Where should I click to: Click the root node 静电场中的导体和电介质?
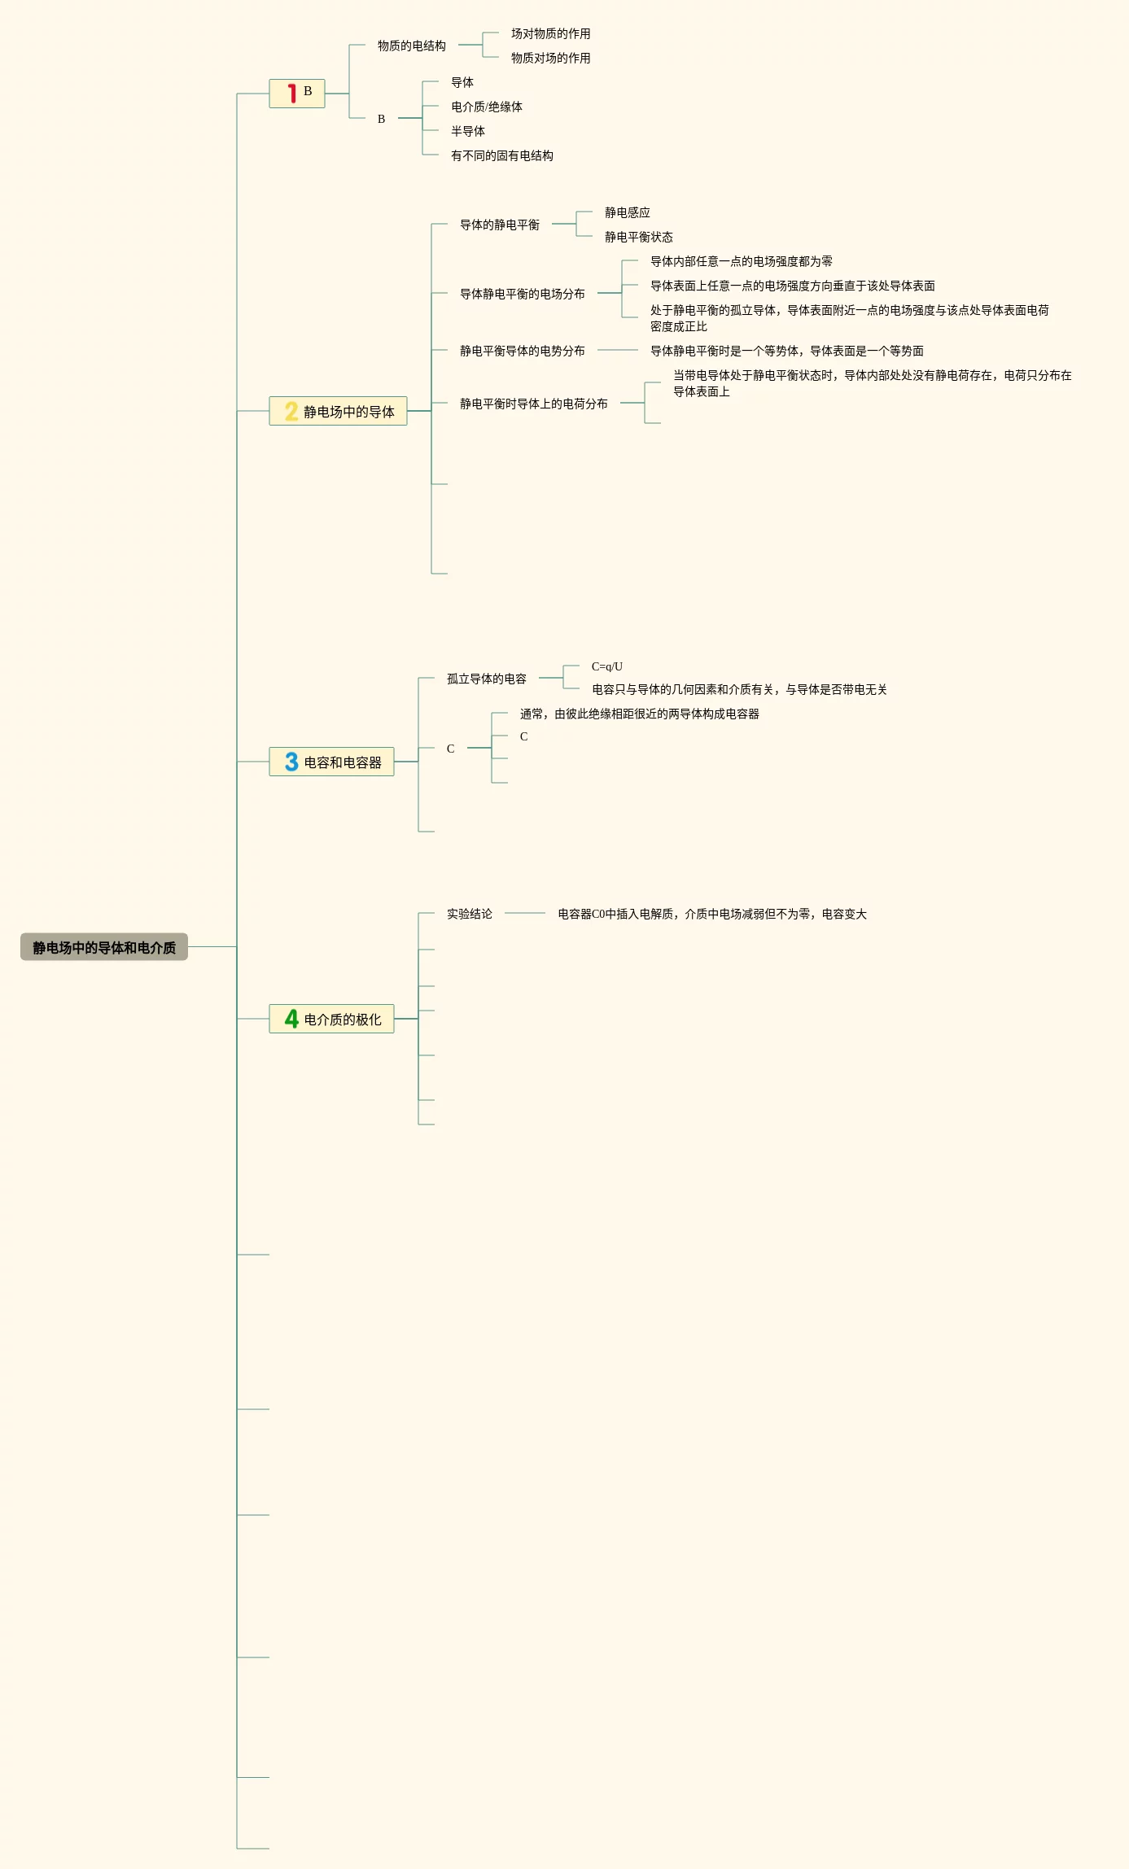pyautogui.click(x=104, y=947)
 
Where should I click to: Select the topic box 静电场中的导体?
pyautogui.click(x=339, y=412)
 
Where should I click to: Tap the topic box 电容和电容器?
pyautogui.click(x=332, y=762)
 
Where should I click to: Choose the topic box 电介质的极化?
pyautogui.click(x=332, y=1019)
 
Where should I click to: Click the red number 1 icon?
pyautogui.click(x=291, y=94)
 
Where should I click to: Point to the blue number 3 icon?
pyautogui.click(x=291, y=762)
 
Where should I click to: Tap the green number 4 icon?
pyautogui.click(x=291, y=1019)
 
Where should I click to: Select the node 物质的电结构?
pyautogui.click(x=411, y=46)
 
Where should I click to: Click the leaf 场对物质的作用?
pyautogui.click(x=550, y=33)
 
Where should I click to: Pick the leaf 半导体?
pyautogui.click(x=467, y=131)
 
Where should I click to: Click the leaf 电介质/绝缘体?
pyautogui.click(x=486, y=107)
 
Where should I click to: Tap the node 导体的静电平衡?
pyautogui.click(x=499, y=225)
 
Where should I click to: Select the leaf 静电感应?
pyautogui.click(x=627, y=212)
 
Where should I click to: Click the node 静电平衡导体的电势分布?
pyautogui.click(x=522, y=351)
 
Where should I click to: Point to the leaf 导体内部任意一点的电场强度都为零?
pyautogui.click(x=741, y=261)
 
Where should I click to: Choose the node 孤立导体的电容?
pyautogui.click(x=486, y=679)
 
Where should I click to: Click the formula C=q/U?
pyautogui.click(x=606, y=666)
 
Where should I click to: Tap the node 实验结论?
pyautogui.click(x=469, y=914)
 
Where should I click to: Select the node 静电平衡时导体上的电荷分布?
pyautogui.click(x=533, y=404)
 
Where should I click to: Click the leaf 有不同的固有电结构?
pyautogui.click(x=501, y=155)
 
